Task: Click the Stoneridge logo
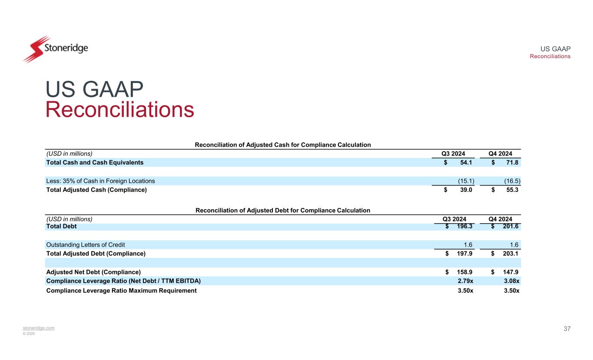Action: coord(55,49)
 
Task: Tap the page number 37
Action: coord(567,329)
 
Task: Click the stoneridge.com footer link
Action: coord(39,328)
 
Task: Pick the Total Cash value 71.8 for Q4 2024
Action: coord(511,162)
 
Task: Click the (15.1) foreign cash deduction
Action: coord(466,181)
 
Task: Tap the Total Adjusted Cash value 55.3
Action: coord(511,190)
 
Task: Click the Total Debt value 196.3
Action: coord(464,227)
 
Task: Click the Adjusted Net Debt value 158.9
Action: coord(464,272)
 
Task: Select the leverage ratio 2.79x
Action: coord(466,281)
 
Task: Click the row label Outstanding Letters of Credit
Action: coord(85,244)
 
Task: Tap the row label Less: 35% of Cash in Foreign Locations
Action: coord(100,181)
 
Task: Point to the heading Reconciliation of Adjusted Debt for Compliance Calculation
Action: coord(283,210)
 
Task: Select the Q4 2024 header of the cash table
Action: coord(500,153)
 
